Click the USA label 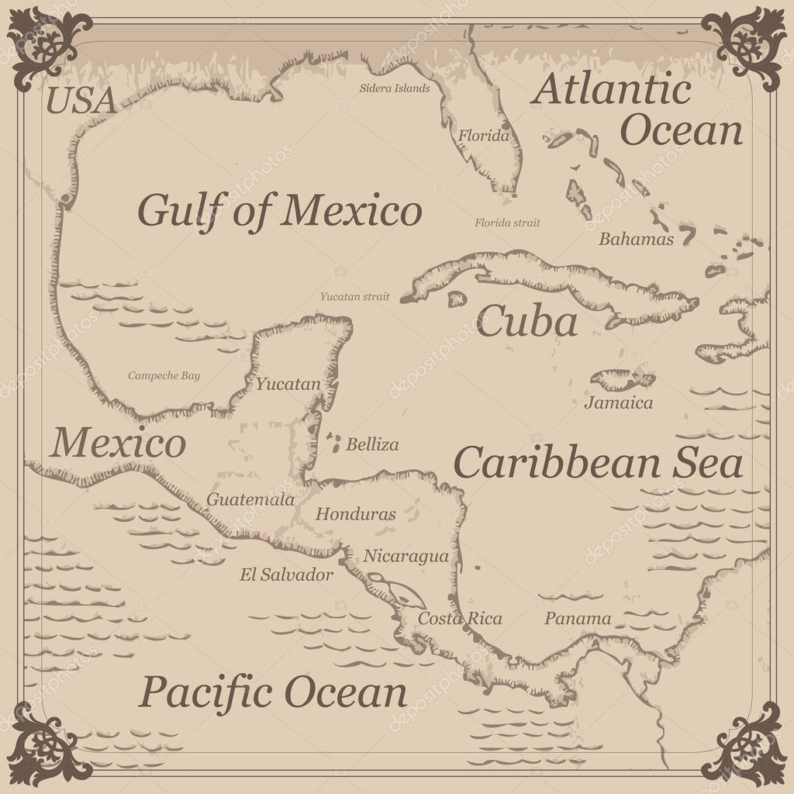[x=81, y=101]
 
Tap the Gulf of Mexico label [x=280, y=210]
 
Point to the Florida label [x=484, y=136]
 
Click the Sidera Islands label [x=394, y=88]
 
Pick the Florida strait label [x=507, y=223]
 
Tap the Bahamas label [x=636, y=240]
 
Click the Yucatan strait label [x=355, y=296]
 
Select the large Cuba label [x=526, y=323]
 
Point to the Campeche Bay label [x=164, y=376]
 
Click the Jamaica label [x=618, y=403]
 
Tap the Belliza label [x=372, y=445]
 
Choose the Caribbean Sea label [x=598, y=463]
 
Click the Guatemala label [x=250, y=500]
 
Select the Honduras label [x=355, y=514]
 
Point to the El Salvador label [x=286, y=575]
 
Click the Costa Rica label [x=460, y=619]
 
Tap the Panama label [x=578, y=619]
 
